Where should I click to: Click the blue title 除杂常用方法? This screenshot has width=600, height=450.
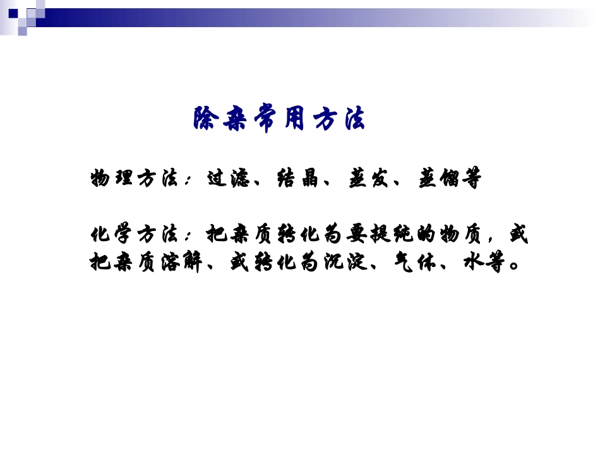[279, 119]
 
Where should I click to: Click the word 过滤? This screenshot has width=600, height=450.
[230, 179]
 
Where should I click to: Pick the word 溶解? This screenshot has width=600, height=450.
[184, 263]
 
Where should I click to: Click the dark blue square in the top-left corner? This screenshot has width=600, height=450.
[13, 13]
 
